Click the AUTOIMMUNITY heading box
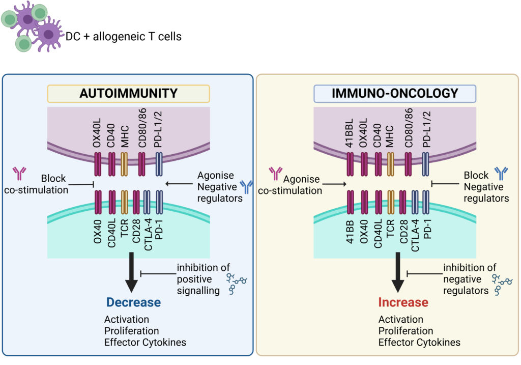pos(128,93)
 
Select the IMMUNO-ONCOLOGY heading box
pos(395,93)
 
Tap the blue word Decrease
pos(133,302)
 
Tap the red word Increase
pos(403,302)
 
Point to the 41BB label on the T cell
pos(351,232)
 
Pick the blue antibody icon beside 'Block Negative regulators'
pos(501,174)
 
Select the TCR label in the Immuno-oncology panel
pos(391,232)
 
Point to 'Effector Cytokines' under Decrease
pos(145,342)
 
